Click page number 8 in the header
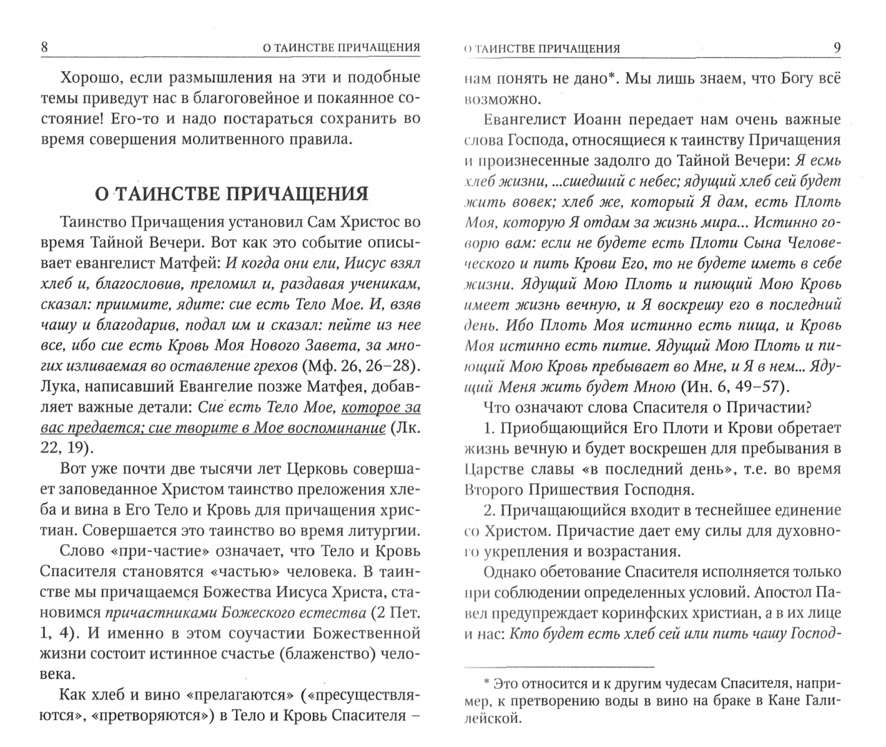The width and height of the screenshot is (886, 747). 45,48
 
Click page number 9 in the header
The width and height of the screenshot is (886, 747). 837,48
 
